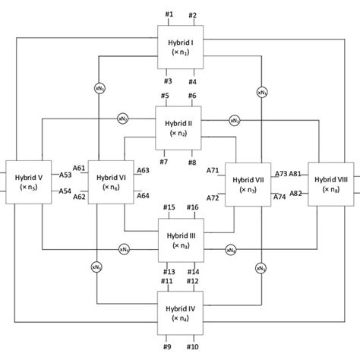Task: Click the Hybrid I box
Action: coord(180,48)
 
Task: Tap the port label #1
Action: coord(169,15)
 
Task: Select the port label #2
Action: coord(192,15)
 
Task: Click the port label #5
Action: coord(166,95)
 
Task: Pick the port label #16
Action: coord(192,207)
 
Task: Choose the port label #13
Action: coord(169,272)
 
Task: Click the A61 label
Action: coord(79,168)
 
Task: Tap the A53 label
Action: coord(66,175)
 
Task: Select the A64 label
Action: coord(143,196)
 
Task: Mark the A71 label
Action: coord(213,170)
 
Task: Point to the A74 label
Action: coord(280,197)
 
